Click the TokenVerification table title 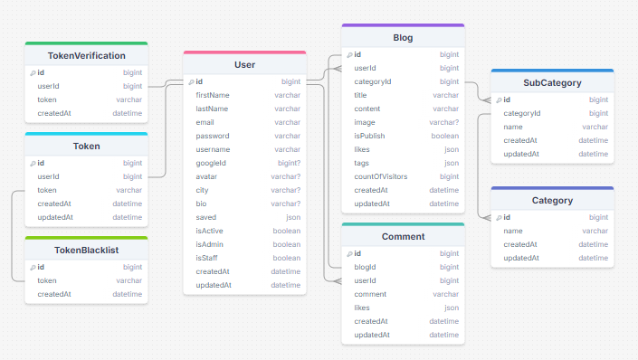87,55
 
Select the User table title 244,64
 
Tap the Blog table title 403,38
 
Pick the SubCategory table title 552,82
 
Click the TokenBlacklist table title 87,250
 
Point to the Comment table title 403,236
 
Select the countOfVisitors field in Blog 380,176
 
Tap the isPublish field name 369,136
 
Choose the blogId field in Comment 365,267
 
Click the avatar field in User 206,176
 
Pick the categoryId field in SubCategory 521,113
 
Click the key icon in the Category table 498,218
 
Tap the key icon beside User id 190,82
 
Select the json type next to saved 293,217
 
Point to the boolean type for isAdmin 287,244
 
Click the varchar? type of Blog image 443,122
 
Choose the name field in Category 512,231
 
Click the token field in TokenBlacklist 47,280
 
